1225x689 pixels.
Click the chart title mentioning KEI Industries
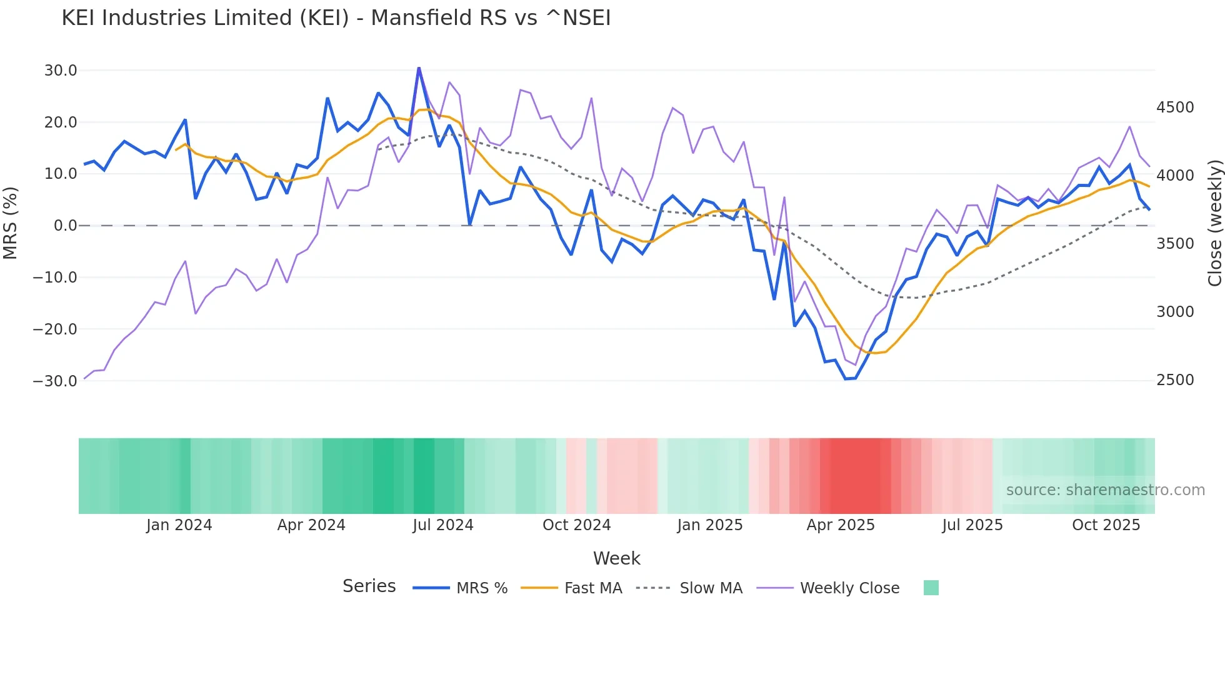point(336,18)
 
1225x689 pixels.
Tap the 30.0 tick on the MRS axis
point(61,71)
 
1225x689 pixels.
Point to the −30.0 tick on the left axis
point(55,381)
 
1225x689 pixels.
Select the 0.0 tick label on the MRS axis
point(65,226)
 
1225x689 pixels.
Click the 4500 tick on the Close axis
point(1175,108)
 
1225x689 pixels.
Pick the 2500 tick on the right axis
point(1175,380)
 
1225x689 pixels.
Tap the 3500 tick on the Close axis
point(1175,244)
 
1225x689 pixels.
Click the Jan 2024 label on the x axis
point(179,525)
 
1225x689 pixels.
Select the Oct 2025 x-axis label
point(1106,525)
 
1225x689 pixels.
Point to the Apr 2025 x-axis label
point(841,525)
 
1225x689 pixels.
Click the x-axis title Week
point(616,558)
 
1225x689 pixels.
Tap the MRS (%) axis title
point(11,223)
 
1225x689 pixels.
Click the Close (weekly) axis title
point(1214,223)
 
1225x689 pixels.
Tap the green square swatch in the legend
point(931,588)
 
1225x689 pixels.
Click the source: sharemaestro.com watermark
point(1105,490)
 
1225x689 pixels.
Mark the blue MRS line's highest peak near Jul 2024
point(419,68)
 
